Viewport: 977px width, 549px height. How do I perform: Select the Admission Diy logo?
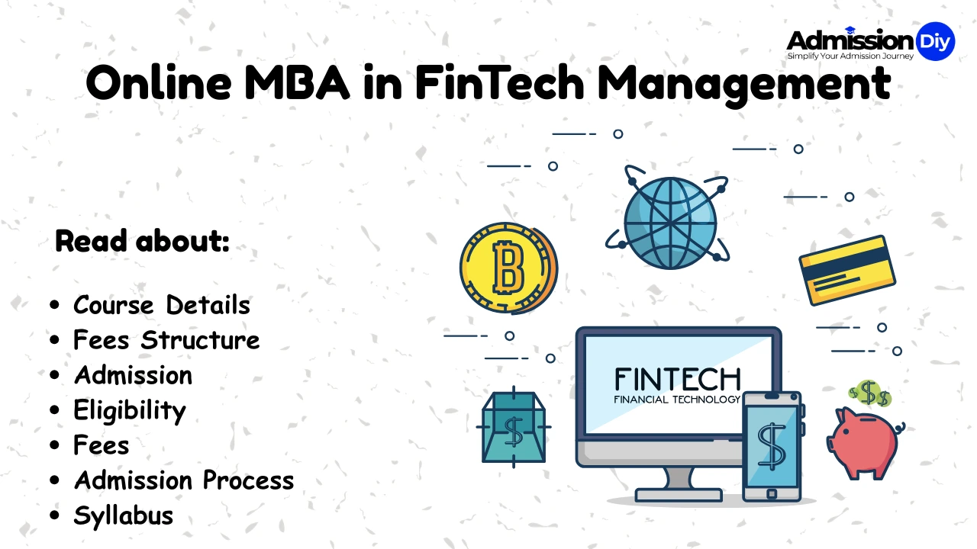pos(869,43)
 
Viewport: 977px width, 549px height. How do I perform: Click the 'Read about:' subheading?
pos(142,242)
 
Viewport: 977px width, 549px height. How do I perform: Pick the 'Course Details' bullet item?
pos(161,305)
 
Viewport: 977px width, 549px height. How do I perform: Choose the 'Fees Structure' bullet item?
pos(166,340)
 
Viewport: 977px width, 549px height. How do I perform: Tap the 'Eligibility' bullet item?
pos(129,410)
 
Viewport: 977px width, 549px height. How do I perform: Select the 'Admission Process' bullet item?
pos(183,480)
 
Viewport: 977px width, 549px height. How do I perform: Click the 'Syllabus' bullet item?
pos(123,515)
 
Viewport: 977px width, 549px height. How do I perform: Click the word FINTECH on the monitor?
pos(677,380)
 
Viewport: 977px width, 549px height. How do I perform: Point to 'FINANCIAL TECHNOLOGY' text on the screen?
pos(677,400)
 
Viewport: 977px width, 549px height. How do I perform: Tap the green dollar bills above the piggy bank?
pos(869,394)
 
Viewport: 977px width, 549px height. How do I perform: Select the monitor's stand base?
pos(665,494)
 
